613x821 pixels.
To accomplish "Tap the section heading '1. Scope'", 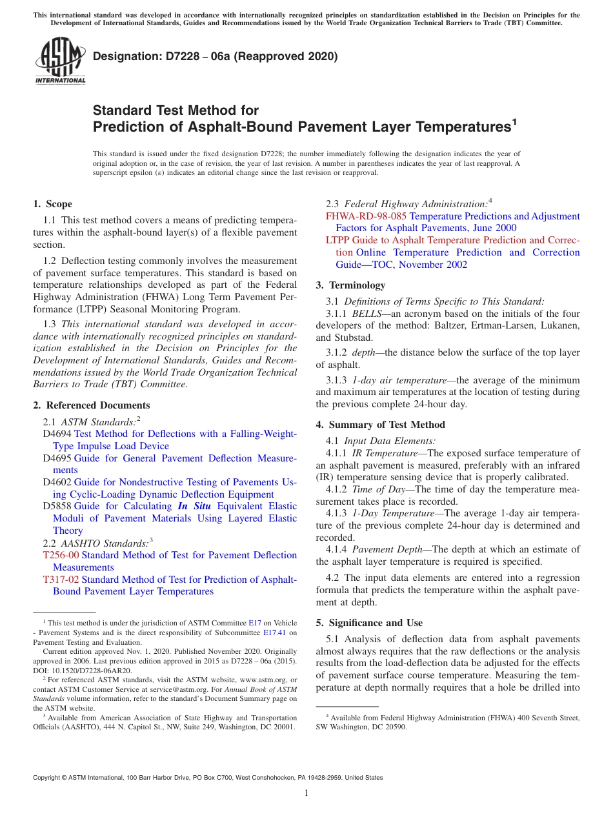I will (52, 204).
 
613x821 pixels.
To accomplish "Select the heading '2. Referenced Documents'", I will (91, 405).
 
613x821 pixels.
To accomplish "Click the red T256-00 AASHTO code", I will (61, 555).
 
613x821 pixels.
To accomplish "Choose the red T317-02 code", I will (61, 580).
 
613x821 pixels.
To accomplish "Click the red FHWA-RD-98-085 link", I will (366, 216).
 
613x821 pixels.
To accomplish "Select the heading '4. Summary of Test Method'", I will (380, 425).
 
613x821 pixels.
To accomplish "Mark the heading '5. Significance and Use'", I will (369, 623).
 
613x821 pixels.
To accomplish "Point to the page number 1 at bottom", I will (306, 793).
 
